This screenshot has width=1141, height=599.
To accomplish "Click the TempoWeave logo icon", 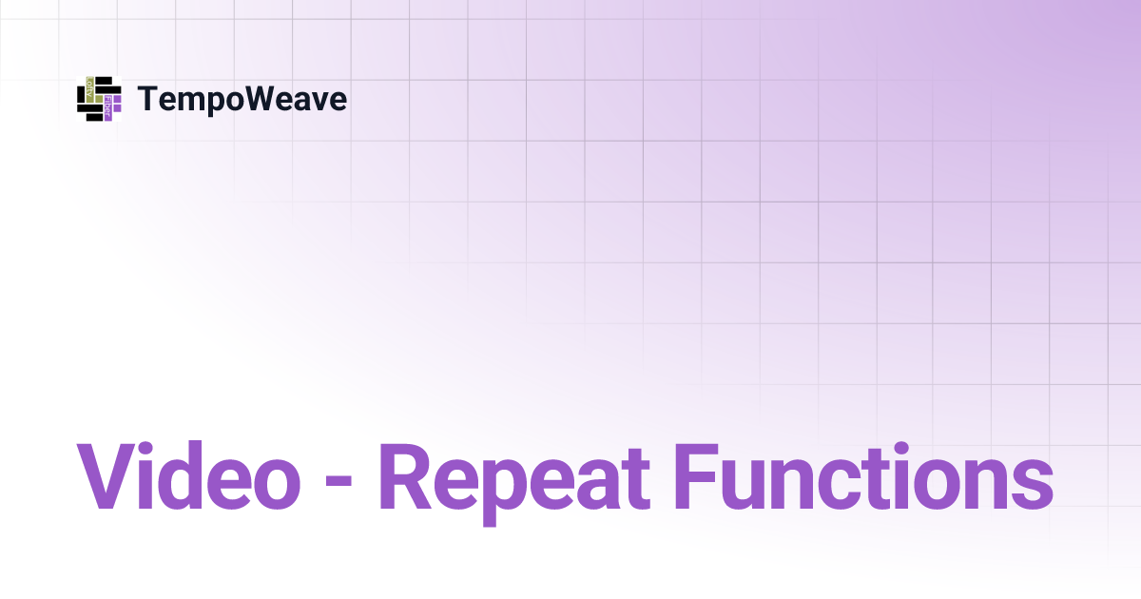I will [99, 99].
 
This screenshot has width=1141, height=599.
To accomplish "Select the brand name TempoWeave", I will [242, 99].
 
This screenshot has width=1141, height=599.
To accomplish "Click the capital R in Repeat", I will [406, 475].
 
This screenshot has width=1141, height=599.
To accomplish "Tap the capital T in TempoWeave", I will [148, 99].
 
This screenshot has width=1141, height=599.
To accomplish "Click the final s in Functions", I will [1030, 483].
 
